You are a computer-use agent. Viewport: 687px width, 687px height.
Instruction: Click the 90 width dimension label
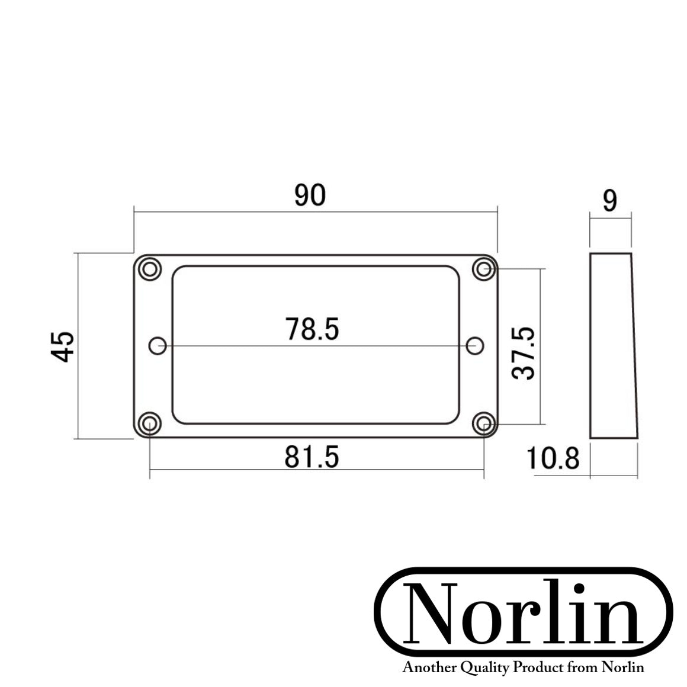click(x=310, y=195)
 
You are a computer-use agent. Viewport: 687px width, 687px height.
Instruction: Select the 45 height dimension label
click(x=63, y=346)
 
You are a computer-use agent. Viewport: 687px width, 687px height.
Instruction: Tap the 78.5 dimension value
click(x=312, y=329)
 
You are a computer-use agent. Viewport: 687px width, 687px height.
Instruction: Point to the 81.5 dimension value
click(x=312, y=457)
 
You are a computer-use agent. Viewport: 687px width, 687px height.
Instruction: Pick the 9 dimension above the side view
click(x=609, y=201)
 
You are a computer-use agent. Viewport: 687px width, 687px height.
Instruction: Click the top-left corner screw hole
click(x=150, y=269)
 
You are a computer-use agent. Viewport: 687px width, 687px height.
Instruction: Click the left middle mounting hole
click(x=158, y=346)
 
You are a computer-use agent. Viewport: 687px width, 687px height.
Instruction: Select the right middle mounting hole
click(x=475, y=346)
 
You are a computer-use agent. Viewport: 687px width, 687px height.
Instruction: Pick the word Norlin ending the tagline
click(x=622, y=668)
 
